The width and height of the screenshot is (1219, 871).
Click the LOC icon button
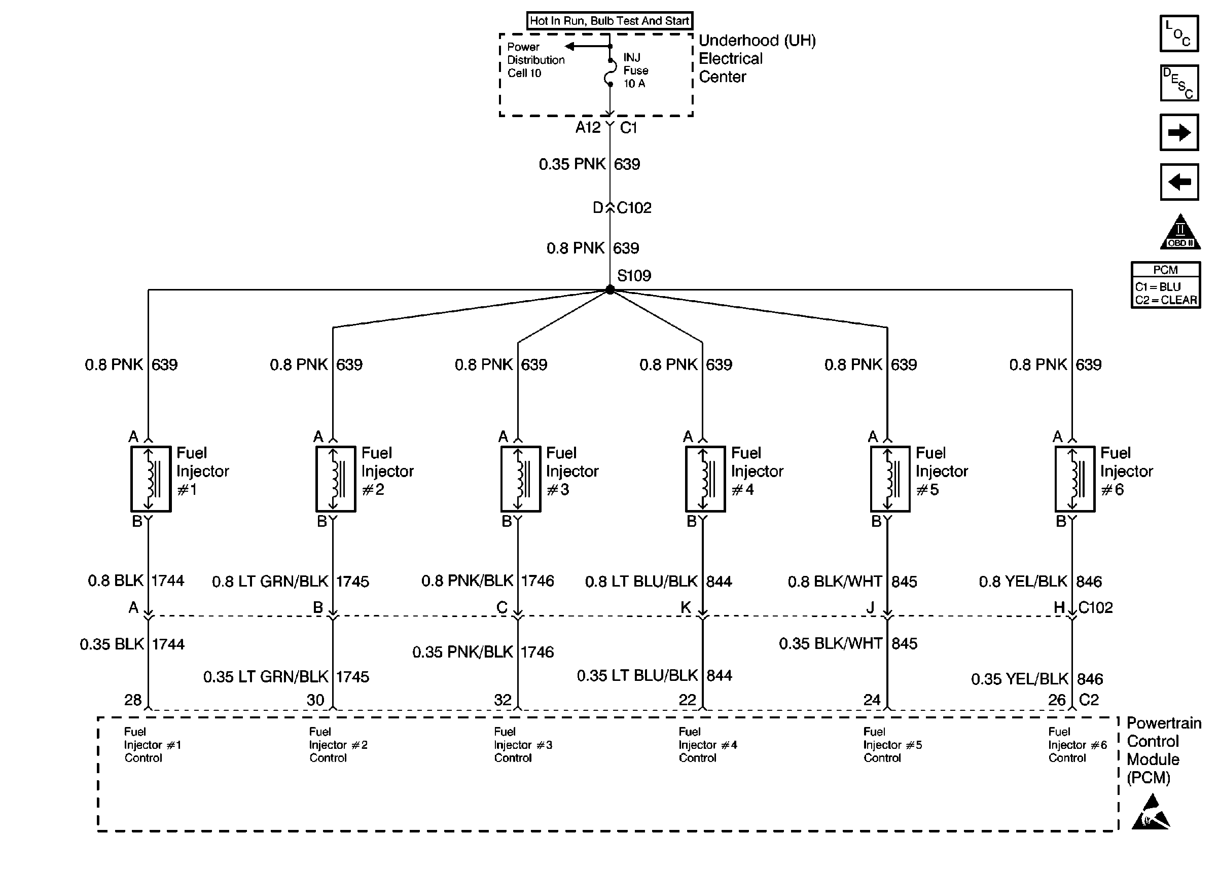(x=1179, y=34)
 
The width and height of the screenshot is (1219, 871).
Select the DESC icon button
(x=1179, y=83)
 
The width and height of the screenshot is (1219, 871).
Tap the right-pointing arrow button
(x=1179, y=132)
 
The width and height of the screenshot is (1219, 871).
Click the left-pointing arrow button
(x=1179, y=182)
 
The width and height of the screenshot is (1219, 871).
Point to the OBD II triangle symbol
(x=1180, y=233)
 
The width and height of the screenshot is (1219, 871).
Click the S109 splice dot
(x=610, y=289)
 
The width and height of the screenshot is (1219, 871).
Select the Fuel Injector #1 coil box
(x=151, y=479)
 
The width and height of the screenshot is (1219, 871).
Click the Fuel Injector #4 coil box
(x=705, y=479)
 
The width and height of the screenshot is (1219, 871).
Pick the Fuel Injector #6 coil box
(x=1074, y=479)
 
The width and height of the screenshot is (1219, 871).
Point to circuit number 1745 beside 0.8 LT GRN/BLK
(x=353, y=582)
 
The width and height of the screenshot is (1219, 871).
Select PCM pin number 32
(x=503, y=700)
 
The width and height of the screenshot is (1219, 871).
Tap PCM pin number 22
(x=687, y=700)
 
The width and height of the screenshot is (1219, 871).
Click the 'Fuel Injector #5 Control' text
(x=892, y=744)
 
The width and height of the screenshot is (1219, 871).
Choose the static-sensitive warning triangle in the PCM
(x=1151, y=813)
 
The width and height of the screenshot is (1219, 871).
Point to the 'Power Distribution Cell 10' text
(x=535, y=60)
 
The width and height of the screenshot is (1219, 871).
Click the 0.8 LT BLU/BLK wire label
(x=641, y=582)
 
